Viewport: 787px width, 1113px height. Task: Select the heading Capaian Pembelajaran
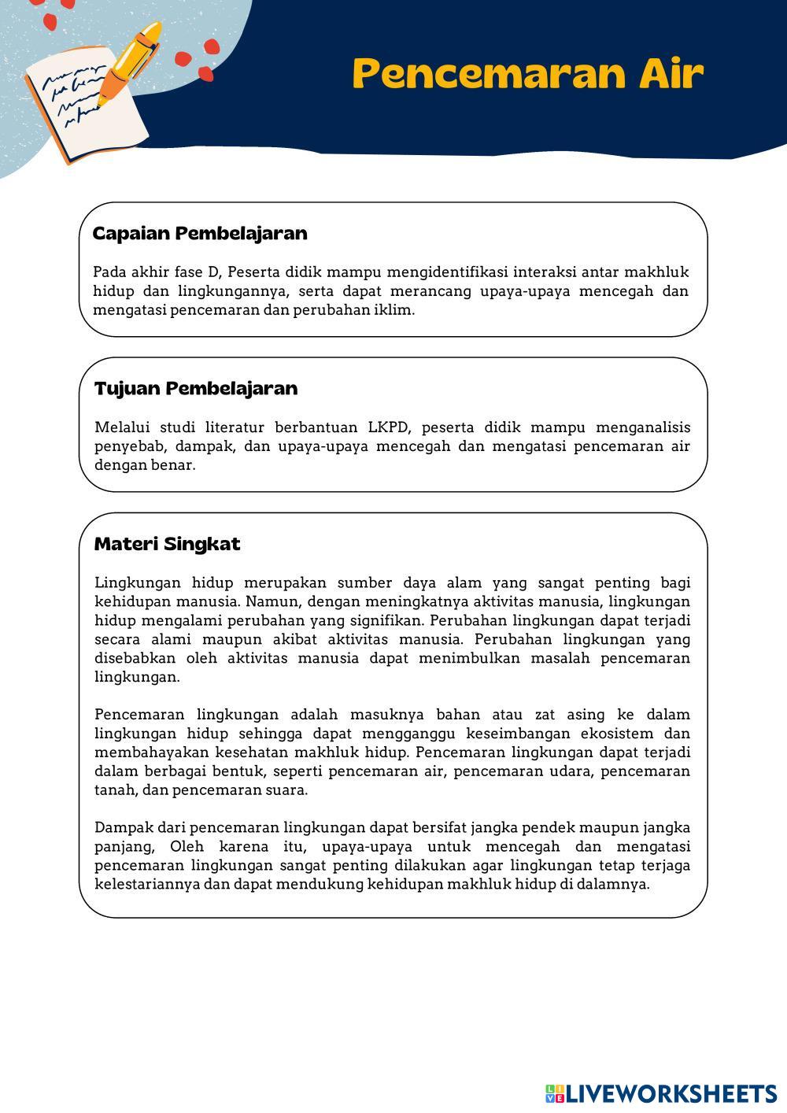[x=200, y=233]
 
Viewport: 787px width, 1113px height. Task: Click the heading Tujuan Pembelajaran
[x=196, y=388]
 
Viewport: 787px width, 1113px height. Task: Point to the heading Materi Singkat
[x=167, y=544]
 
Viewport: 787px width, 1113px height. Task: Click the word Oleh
[x=187, y=847]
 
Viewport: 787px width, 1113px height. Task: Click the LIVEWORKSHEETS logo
[x=661, y=1093]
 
